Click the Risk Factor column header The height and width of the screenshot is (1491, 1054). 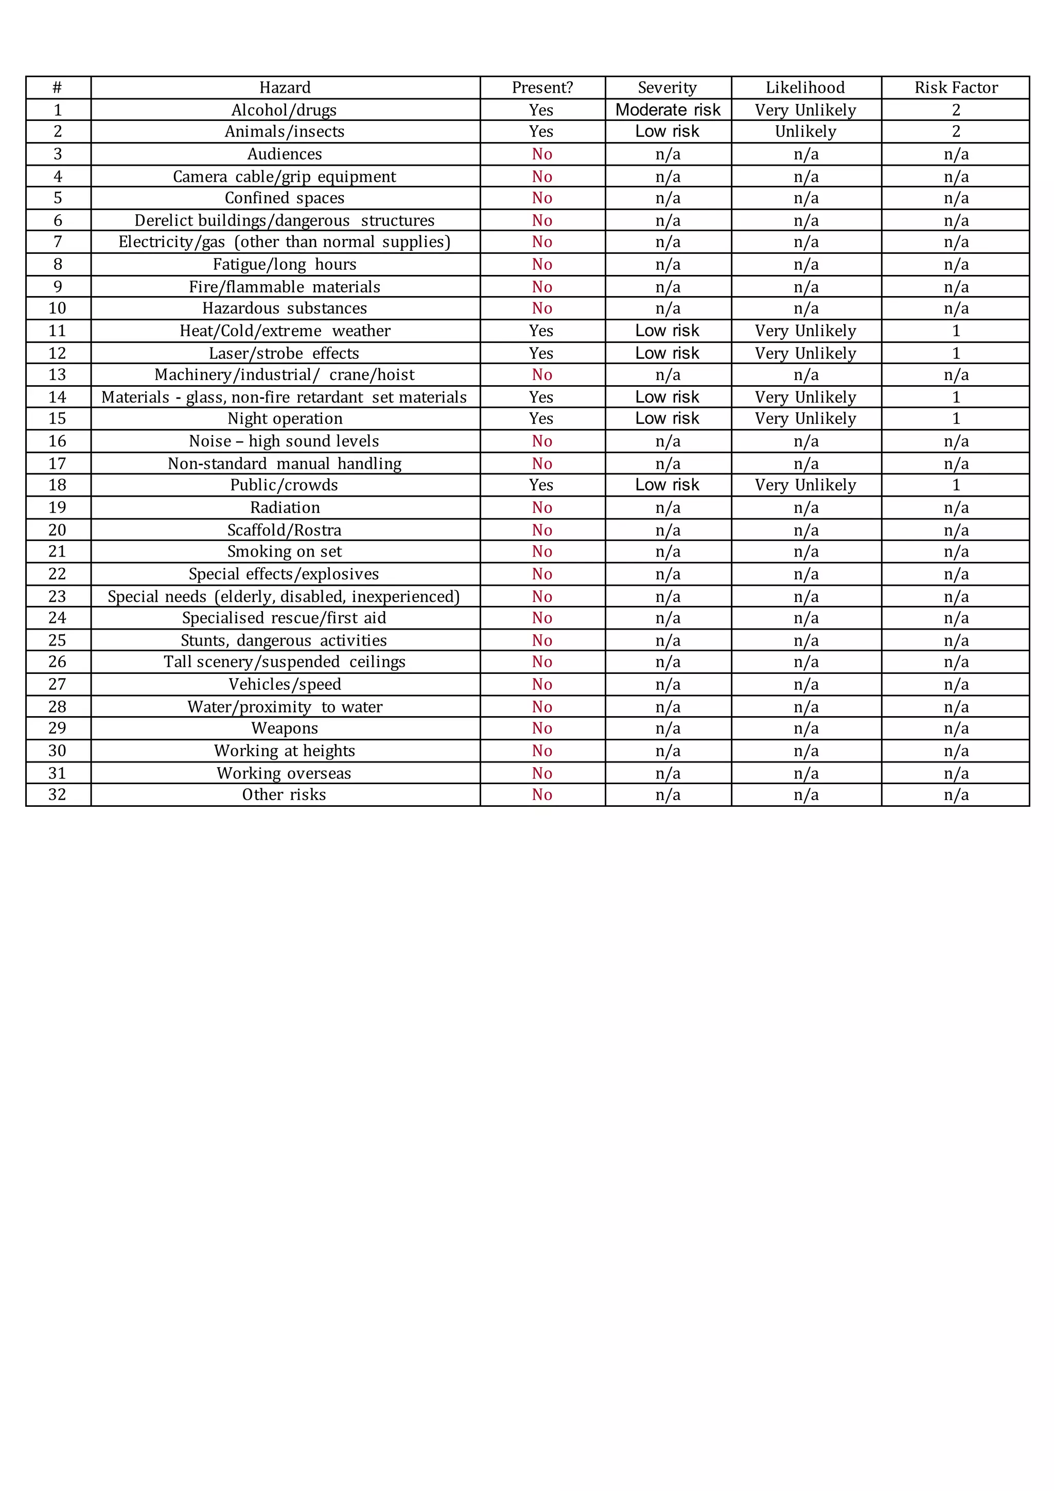click(x=955, y=88)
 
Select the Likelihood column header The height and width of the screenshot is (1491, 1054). click(x=805, y=88)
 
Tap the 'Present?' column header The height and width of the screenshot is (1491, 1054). click(x=542, y=88)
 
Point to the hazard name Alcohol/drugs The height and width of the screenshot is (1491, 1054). click(x=284, y=110)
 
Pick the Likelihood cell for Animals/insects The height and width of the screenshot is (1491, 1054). click(x=805, y=132)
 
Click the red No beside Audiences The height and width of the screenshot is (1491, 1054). click(x=542, y=154)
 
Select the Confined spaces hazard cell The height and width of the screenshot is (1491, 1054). click(x=284, y=198)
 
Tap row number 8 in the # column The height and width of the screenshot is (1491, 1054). click(x=58, y=264)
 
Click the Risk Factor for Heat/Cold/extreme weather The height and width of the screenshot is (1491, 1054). click(x=955, y=331)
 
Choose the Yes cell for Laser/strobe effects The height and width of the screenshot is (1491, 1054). click(x=541, y=353)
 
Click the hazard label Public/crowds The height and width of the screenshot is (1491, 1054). click(x=284, y=485)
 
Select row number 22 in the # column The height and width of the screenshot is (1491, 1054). click(x=58, y=574)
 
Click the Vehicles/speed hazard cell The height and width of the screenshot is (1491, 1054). click(x=284, y=684)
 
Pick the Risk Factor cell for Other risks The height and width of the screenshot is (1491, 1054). click(x=955, y=795)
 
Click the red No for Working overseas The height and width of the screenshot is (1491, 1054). click(x=542, y=773)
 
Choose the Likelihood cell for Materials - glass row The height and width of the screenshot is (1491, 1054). click(x=805, y=397)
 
